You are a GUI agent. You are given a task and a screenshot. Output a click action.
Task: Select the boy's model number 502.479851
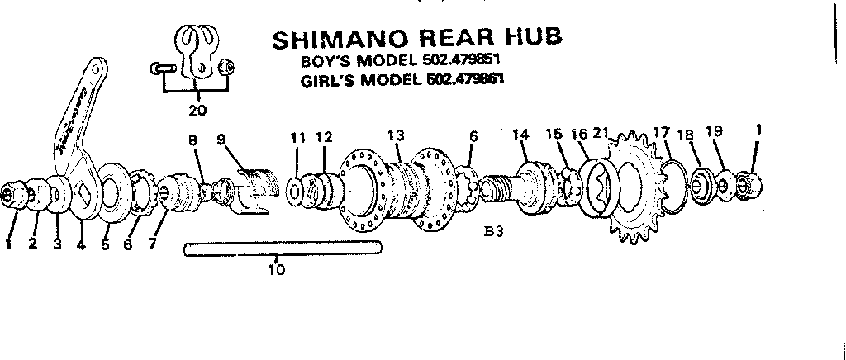[460, 62]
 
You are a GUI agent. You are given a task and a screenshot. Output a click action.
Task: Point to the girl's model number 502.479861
[464, 80]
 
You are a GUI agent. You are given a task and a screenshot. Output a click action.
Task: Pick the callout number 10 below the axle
[277, 269]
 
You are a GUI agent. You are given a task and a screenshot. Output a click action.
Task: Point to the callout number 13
[397, 135]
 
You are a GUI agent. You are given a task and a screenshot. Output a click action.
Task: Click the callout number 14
[520, 135]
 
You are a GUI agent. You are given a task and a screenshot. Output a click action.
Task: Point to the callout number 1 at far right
[758, 129]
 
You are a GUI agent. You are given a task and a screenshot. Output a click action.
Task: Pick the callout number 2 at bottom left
[34, 245]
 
